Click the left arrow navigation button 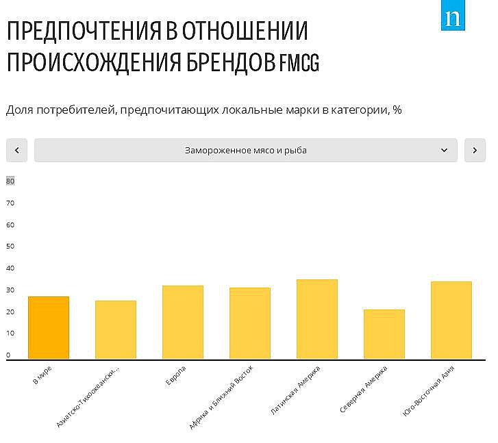(16, 150)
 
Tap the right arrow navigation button (475, 150)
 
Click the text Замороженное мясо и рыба (245, 150)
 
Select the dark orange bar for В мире (49, 328)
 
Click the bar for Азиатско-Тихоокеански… (116, 330)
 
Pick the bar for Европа (183, 322)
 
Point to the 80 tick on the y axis (10, 181)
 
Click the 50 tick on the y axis (10, 246)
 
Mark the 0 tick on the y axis (9, 355)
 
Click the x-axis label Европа (176, 375)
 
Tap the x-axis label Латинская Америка (296, 390)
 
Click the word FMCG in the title (299, 63)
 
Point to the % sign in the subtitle (397, 110)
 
